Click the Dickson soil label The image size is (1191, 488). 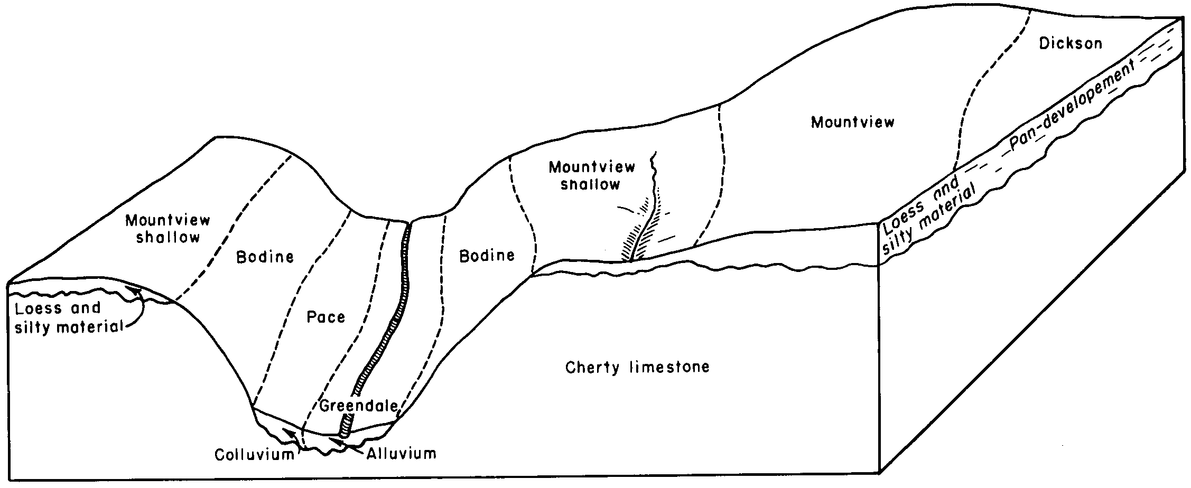(1071, 43)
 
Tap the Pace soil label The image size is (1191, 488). (325, 317)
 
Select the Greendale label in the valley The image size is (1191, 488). (358, 406)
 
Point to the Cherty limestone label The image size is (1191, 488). (637, 367)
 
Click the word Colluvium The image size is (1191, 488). (254, 455)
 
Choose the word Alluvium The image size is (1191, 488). (402, 453)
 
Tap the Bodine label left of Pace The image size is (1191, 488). (265, 257)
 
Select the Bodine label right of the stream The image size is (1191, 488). (487, 256)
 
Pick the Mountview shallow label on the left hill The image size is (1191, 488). (168, 228)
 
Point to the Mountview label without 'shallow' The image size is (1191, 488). (853, 123)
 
